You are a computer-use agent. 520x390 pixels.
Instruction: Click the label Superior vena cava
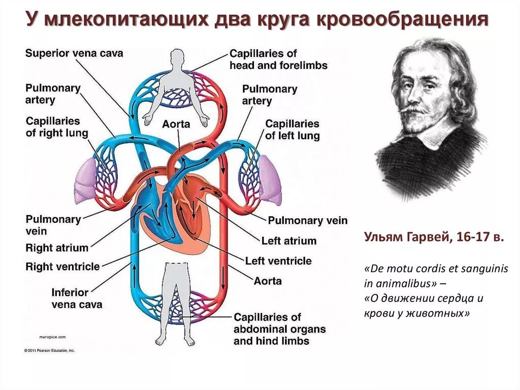(74, 53)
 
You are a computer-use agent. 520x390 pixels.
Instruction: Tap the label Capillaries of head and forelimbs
(278, 59)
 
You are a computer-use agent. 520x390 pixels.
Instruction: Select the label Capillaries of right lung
(57, 127)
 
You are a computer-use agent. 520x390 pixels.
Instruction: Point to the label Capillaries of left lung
(292, 130)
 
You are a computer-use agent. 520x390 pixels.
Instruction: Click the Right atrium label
(57, 248)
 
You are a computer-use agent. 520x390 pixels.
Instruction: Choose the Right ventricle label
(62, 266)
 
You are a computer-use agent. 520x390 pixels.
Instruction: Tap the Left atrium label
(288, 241)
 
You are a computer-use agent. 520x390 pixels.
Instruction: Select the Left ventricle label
(278, 261)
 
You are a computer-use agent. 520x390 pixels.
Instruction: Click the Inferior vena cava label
(77, 298)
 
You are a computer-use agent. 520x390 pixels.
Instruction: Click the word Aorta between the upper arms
(176, 124)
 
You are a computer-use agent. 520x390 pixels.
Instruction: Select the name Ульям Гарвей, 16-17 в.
(434, 238)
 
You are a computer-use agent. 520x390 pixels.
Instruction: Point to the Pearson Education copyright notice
(50, 350)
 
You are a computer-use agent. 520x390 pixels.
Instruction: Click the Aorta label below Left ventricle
(268, 281)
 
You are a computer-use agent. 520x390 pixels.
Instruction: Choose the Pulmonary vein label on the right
(308, 220)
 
